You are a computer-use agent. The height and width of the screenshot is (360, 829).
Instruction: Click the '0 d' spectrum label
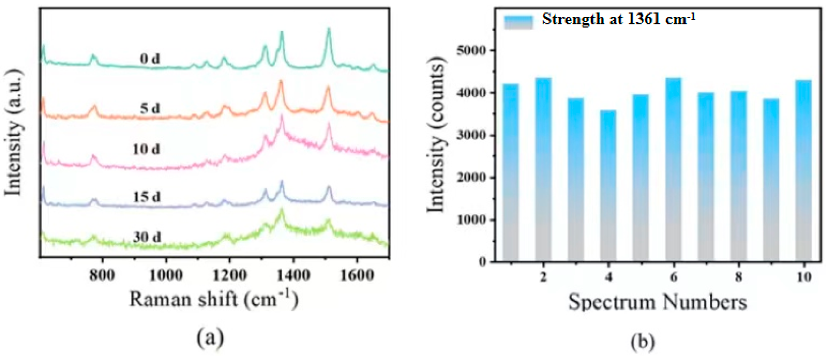coord(150,59)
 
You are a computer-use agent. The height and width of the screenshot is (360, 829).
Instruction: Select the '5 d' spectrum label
coord(150,109)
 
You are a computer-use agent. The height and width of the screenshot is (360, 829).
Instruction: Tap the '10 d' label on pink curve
coord(146,149)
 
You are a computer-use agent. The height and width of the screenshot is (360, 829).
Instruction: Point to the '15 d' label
coord(146,197)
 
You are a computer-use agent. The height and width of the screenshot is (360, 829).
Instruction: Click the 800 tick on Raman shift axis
coord(102,275)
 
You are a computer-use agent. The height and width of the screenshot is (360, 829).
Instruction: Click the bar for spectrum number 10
coord(803,171)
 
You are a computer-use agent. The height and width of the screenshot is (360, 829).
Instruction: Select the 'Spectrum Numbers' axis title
coord(657,303)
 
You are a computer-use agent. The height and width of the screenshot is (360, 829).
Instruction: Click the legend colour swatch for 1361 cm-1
coord(518,22)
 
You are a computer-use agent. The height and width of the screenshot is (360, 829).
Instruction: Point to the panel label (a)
coord(210,339)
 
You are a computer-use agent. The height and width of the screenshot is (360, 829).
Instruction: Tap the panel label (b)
coord(642,342)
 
